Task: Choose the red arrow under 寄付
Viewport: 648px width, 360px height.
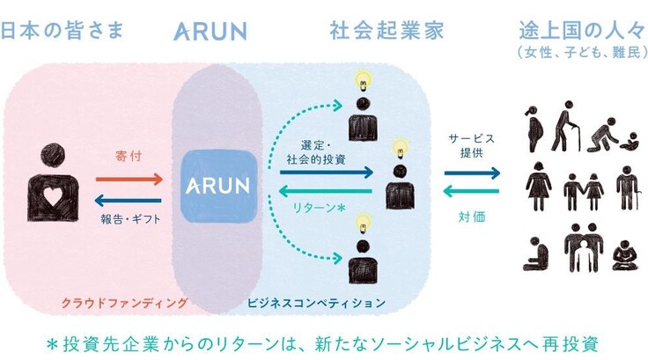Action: pos(128,179)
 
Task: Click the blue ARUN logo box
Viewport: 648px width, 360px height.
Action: pos(217,186)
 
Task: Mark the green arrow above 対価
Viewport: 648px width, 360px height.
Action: pos(474,191)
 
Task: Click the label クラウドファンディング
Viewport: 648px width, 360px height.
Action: pos(123,303)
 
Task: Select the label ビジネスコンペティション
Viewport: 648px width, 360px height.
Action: pos(318,303)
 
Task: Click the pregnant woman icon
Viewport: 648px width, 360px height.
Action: pos(532,129)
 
